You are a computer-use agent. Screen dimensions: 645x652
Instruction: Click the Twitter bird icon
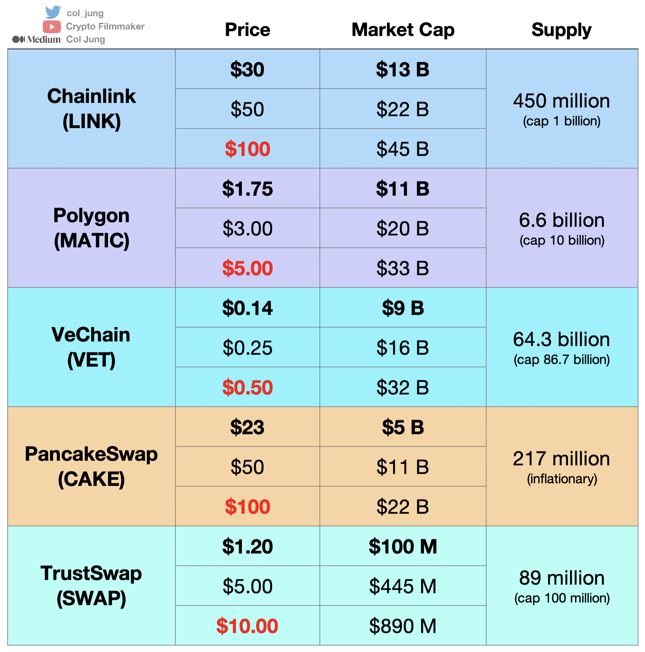[x=53, y=12]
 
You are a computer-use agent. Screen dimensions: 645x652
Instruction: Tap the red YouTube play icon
[x=52, y=27]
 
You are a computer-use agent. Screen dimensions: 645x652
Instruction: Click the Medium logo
[x=36, y=39]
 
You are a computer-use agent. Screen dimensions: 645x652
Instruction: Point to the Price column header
[x=248, y=30]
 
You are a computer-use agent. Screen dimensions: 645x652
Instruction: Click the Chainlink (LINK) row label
[x=91, y=109]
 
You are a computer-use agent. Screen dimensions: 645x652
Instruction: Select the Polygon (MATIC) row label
[x=91, y=228]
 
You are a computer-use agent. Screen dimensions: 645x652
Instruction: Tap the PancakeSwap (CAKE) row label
[x=91, y=467]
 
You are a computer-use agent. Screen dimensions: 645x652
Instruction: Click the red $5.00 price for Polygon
[x=248, y=268]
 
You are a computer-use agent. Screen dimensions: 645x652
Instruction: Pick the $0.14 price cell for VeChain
[x=248, y=308]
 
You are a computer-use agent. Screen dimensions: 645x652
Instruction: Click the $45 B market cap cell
[x=402, y=149]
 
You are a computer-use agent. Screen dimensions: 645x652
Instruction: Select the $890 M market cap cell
[x=402, y=626]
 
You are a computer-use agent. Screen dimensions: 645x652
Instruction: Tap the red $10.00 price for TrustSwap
[x=247, y=626]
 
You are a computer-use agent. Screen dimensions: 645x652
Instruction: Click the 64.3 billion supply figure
[x=561, y=340]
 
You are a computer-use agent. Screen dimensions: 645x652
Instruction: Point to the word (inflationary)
[x=562, y=479]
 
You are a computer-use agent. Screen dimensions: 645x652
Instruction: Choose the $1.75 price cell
[x=248, y=189]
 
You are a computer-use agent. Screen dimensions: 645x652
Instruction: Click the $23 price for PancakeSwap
[x=247, y=428]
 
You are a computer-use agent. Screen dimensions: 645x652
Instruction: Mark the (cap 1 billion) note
[x=561, y=121]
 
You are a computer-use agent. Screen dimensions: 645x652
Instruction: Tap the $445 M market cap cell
[x=402, y=586]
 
